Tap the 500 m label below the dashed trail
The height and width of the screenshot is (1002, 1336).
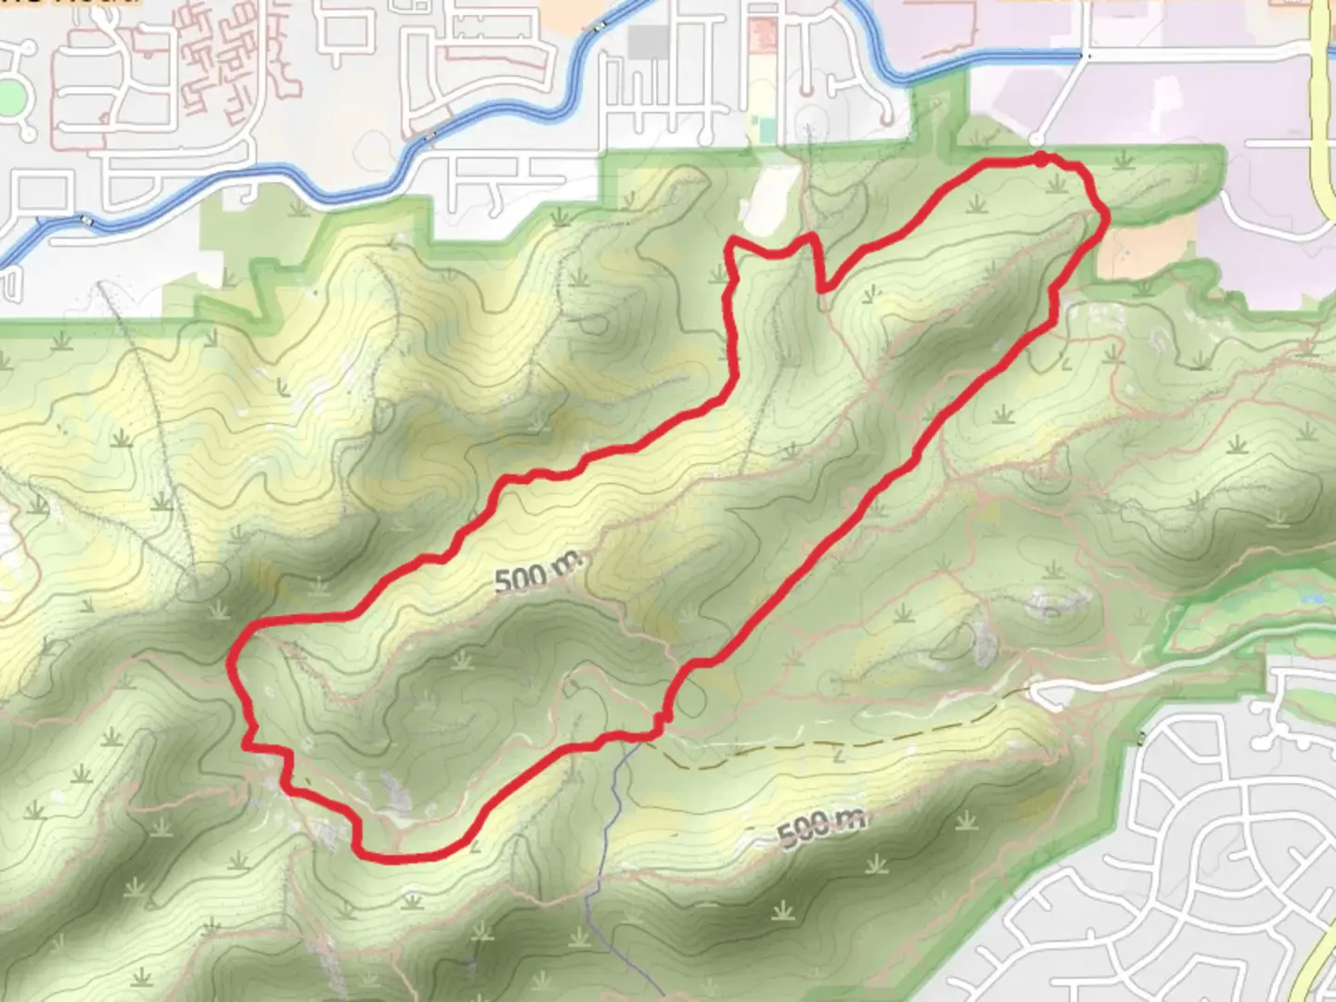click(822, 829)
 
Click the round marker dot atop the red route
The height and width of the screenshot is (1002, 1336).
click(1042, 160)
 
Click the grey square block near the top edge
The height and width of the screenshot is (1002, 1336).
click(649, 41)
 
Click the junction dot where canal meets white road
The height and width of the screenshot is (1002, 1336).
click(1089, 57)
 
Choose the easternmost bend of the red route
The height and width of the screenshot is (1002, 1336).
click(1106, 215)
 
